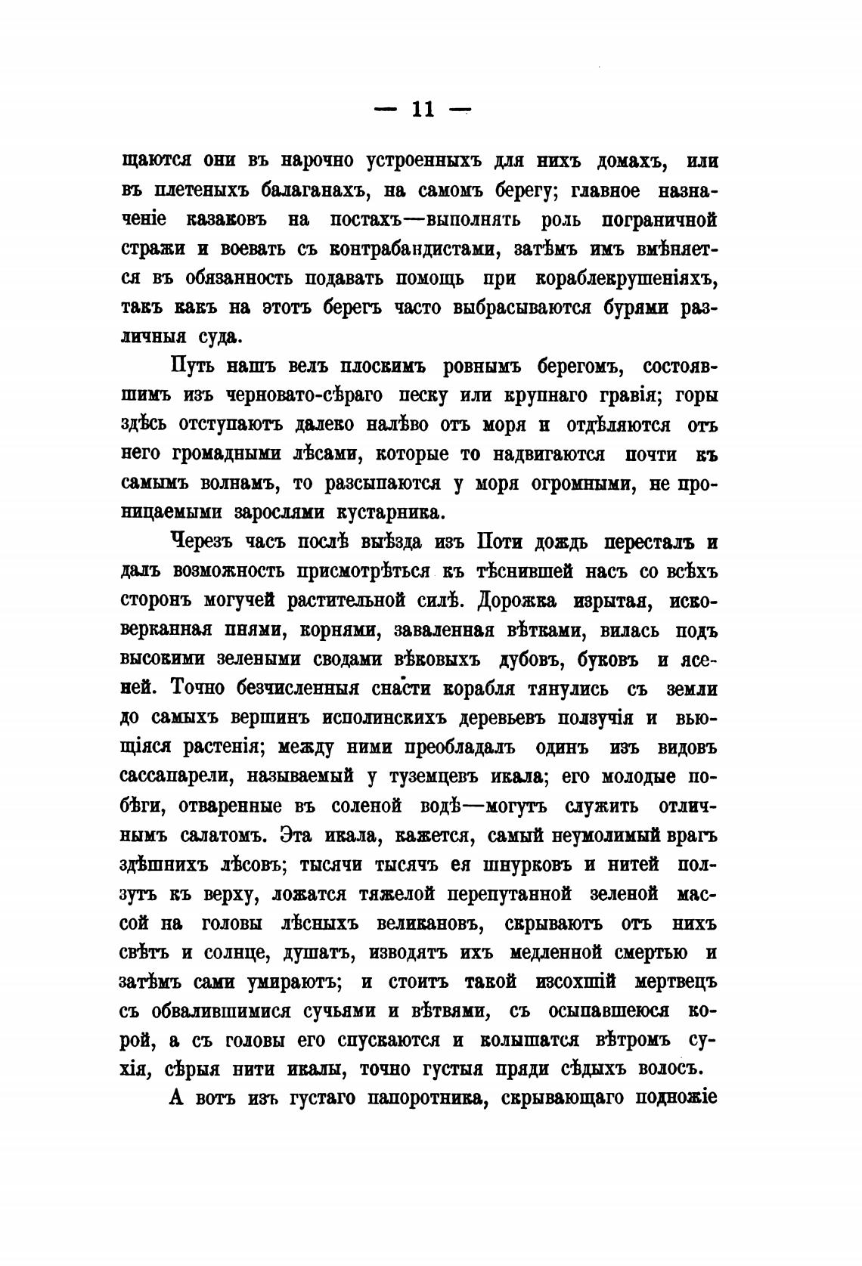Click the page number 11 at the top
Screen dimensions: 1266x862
(422, 110)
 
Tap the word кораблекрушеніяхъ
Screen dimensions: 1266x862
(625, 278)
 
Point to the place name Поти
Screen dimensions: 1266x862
(496, 543)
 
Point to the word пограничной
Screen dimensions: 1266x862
(659, 220)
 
